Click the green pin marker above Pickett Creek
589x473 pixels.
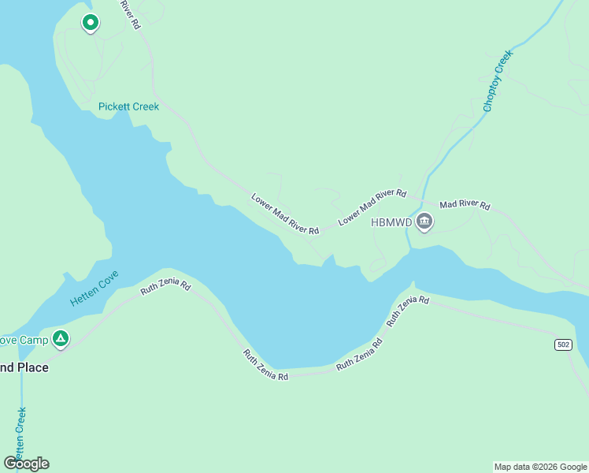point(91,23)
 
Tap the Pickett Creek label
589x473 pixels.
point(128,106)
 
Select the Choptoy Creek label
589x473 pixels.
point(498,80)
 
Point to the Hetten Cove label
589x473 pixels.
point(94,289)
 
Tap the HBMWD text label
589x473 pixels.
point(391,222)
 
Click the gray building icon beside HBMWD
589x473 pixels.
point(424,222)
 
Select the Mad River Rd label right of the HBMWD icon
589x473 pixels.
point(465,205)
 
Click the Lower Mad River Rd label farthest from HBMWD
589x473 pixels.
point(285,214)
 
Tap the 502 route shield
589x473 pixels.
point(562,345)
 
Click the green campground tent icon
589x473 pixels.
point(61,339)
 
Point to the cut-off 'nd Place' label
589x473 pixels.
point(24,367)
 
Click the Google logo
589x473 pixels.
point(26,463)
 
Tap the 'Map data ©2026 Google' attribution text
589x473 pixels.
point(540,467)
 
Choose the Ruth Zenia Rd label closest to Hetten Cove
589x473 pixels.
point(166,286)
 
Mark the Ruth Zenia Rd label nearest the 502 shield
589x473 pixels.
point(408,311)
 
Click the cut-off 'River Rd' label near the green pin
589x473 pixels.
point(130,14)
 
